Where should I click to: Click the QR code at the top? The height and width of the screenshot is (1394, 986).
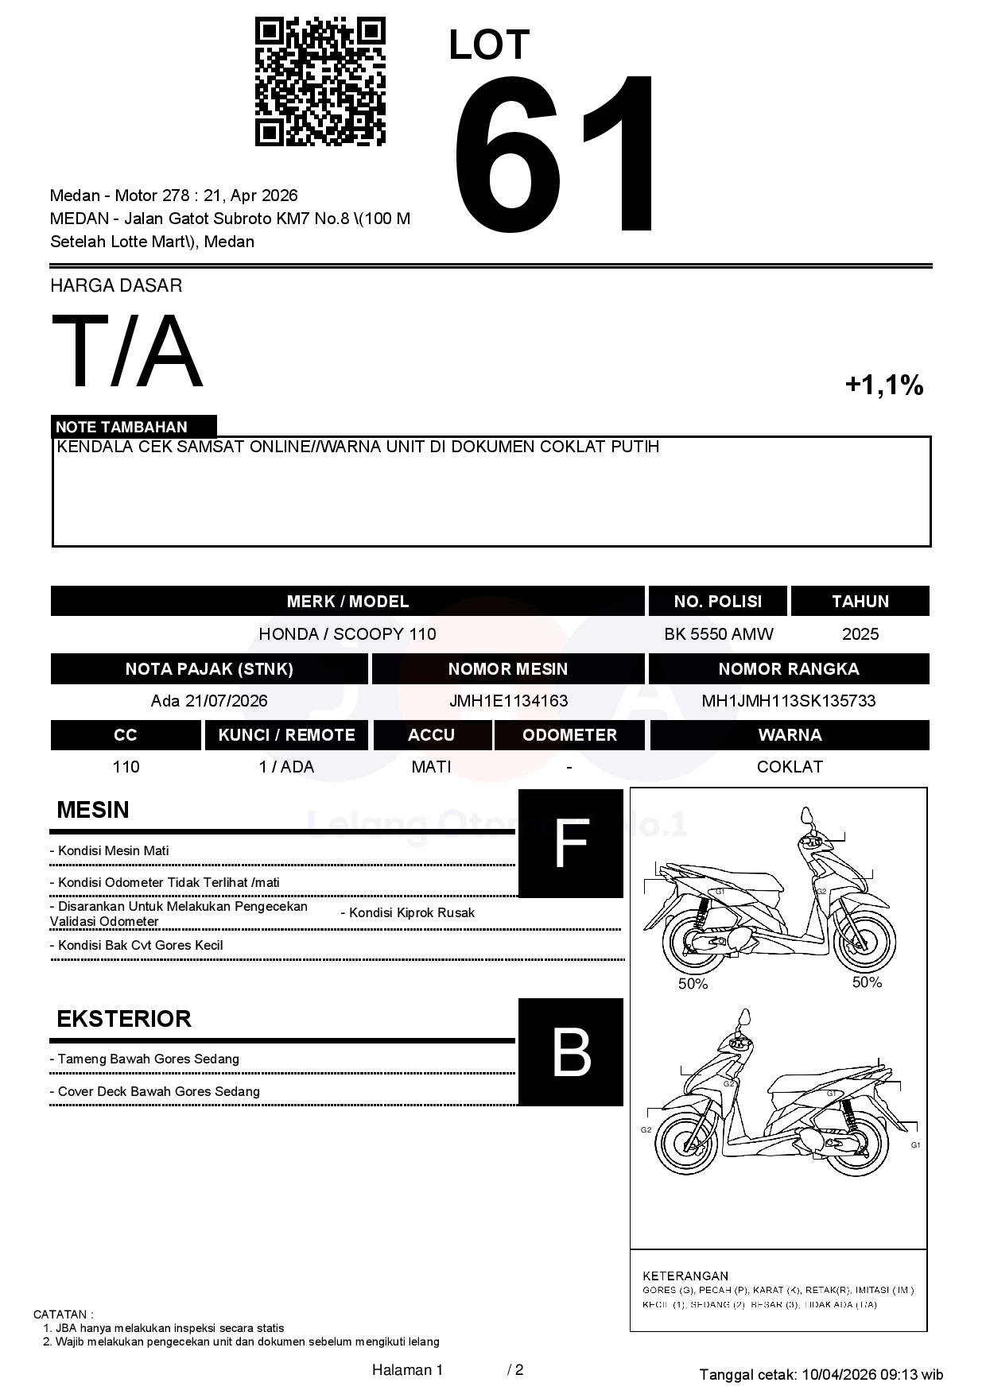(320, 82)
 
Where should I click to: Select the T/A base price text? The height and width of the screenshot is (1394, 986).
(127, 351)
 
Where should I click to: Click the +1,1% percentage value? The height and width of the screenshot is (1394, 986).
(883, 385)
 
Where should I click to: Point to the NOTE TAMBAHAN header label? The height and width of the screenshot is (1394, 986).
(122, 427)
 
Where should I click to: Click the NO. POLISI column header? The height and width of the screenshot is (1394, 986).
(717, 602)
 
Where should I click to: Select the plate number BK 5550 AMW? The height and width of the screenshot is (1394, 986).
(718, 634)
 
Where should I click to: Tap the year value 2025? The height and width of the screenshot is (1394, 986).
(860, 634)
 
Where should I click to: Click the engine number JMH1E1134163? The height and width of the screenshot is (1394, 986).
(508, 701)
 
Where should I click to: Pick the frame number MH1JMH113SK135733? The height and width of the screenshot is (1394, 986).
(788, 701)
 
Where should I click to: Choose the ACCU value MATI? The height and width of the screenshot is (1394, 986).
(431, 767)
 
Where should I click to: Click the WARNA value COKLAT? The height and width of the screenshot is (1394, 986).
(790, 767)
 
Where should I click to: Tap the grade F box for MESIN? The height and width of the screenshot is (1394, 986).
(571, 843)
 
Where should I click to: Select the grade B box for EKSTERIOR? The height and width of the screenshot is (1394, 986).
(571, 1052)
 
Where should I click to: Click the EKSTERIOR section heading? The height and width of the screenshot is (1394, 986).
(124, 1019)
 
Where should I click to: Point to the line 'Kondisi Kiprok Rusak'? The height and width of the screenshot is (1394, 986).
(408, 913)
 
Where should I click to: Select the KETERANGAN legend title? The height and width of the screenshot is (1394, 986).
(685, 1276)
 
